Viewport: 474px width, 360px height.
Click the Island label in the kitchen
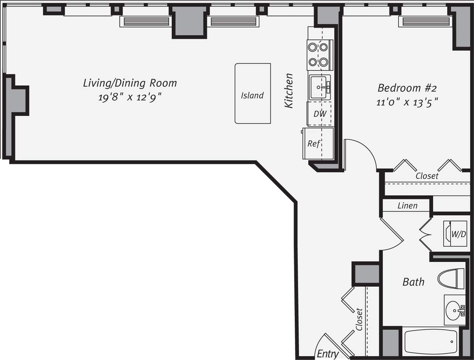tap(252, 95)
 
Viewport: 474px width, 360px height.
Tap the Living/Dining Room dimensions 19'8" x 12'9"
tap(130, 97)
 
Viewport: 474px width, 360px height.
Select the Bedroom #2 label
tap(407, 88)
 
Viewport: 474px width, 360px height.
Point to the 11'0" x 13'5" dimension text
tap(407, 102)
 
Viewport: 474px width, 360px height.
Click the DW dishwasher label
tap(320, 113)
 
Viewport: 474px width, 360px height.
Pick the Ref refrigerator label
tap(314, 144)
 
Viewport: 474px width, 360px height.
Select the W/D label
tap(459, 234)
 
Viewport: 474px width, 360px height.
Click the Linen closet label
tap(407, 206)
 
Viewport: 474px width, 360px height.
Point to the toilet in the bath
tap(451, 279)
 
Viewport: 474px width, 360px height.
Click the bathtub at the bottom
tap(431, 342)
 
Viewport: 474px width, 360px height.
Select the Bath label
tap(413, 282)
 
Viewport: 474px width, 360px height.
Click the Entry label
tap(327, 354)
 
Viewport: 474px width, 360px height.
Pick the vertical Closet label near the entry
tap(359, 320)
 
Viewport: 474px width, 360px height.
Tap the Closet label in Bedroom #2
tap(427, 176)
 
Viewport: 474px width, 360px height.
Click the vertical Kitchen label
tap(289, 91)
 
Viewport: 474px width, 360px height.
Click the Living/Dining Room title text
tap(130, 83)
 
